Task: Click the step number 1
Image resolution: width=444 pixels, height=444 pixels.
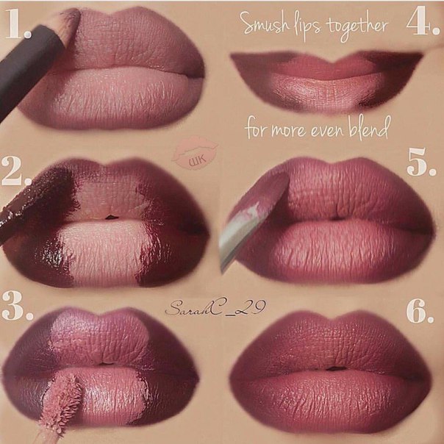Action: click(18, 24)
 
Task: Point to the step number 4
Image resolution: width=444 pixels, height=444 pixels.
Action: click(423, 21)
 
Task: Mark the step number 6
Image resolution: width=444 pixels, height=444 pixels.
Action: click(420, 311)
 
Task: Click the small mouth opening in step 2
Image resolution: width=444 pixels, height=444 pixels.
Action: click(112, 218)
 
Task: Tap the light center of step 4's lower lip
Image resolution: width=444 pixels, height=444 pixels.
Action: click(329, 90)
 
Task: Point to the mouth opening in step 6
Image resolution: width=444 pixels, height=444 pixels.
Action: click(336, 368)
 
